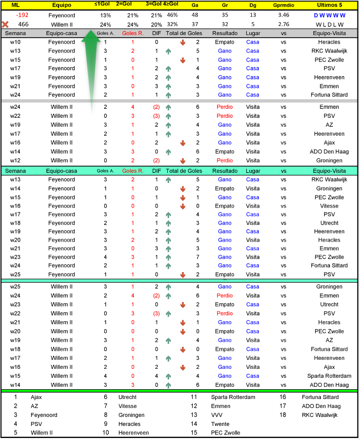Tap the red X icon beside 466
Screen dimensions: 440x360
[6, 24]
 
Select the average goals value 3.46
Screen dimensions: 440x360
[283, 15]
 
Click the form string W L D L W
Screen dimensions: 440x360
[329, 24]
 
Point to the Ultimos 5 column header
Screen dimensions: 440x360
[329, 5]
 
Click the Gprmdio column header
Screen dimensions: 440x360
[283, 5]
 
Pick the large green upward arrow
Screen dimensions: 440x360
[92, 65]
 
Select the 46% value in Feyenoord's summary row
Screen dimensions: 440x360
[172, 15]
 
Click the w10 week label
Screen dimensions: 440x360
[15, 42]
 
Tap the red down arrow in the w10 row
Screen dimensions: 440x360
[183, 42]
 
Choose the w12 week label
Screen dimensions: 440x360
[15, 160]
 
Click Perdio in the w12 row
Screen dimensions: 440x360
[224, 160]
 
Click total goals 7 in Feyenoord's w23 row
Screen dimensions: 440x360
[198, 257]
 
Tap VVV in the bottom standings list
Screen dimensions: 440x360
[217, 415]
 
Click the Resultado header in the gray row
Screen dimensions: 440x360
[224, 33]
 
